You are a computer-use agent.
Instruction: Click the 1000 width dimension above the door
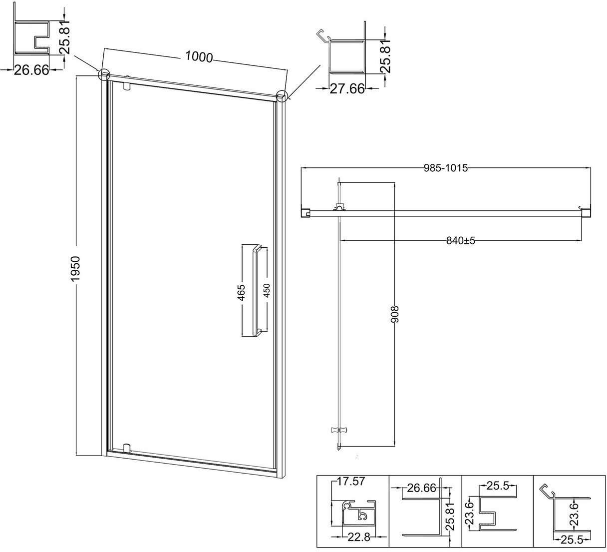199,56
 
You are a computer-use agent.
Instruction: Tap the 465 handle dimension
242,293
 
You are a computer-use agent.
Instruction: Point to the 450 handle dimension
266,290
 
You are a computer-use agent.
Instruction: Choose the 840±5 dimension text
461,241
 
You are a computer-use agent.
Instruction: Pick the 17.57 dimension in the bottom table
351,481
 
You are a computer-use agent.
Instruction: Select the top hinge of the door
127,86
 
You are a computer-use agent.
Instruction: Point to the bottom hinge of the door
127,448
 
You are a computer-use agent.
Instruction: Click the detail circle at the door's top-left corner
104,74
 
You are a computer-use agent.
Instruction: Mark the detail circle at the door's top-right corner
282,96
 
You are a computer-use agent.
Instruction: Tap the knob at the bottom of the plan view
339,430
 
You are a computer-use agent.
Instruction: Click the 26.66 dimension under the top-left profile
31,70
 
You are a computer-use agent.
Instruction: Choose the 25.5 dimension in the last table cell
572,540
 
